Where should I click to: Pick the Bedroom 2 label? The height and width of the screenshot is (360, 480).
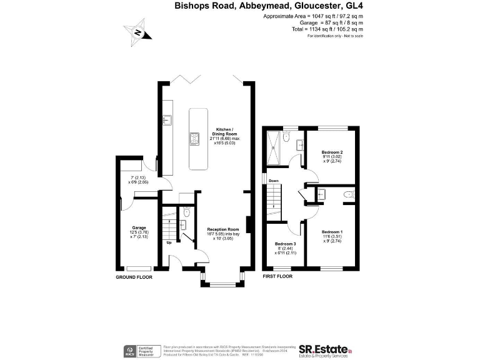332,156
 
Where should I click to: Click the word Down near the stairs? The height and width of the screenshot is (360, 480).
273,181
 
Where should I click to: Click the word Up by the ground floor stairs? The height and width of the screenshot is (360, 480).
168,242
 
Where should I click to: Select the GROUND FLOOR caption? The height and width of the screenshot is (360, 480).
134,276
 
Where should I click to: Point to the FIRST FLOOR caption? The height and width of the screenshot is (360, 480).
278,276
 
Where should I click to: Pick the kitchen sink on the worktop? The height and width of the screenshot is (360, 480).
167,119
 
